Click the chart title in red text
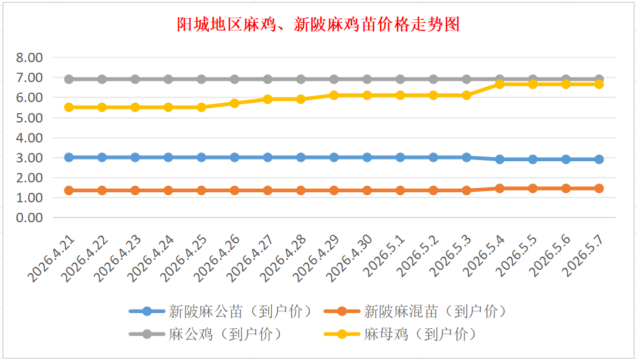click(x=318, y=25)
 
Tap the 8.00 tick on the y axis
click(x=29, y=57)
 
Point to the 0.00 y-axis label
click(x=29, y=218)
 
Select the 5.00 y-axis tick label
click(x=29, y=118)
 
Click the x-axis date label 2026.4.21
click(x=51, y=259)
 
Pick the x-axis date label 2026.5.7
click(x=584, y=256)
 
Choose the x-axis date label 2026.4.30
click(x=350, y=259)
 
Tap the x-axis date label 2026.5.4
click(x=484, y=256)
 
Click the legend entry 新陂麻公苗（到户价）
click(x=221, y=312)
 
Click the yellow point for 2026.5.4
click(x=500, y=84)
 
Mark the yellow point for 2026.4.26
click(x=235, y=103)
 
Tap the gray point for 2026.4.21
click(x=69, y=79)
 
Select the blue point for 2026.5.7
click(x=599, y=159)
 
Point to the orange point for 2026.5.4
click(x=500, y=188)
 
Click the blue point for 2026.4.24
click(x=168, y=158)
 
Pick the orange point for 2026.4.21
click(x=69, y=191)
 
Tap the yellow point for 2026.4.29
click(x=334, y=96)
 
